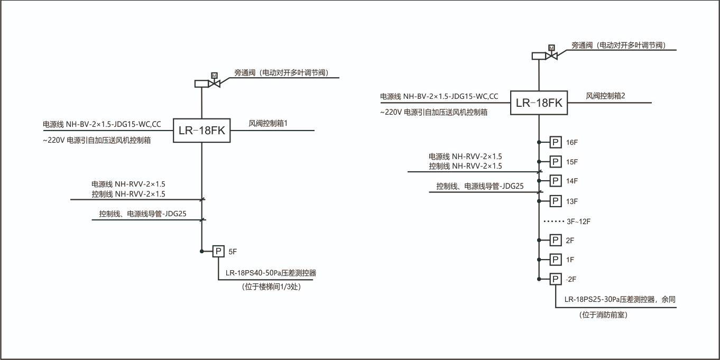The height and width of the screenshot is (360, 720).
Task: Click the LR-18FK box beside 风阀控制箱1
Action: coord(202,131)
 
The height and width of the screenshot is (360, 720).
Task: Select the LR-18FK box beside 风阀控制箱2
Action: coord(539,103)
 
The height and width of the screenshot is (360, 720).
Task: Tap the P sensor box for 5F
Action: coord(219,251)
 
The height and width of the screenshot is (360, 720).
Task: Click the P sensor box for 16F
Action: coord(555,142)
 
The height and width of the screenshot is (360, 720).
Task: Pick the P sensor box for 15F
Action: coord(555,161)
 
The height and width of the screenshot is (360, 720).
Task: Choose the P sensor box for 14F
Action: coord(555,181)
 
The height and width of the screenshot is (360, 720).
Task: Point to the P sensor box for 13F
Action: coord(555,201)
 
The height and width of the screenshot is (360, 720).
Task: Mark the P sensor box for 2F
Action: coord(555,241)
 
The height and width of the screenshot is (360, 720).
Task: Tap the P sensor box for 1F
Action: coord(555,260)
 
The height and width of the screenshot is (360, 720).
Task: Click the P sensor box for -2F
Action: coord(555,279)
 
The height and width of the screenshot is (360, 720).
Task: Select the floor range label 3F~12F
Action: coord(578,221)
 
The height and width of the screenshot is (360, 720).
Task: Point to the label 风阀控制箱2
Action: coord(605,96)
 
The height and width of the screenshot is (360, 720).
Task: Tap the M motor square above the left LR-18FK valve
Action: coord(214,76)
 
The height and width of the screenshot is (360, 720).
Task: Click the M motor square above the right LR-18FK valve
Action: coord(551,48)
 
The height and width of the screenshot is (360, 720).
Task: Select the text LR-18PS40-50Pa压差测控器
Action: coord(274,273)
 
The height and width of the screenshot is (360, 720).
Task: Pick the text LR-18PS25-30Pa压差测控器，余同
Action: coord(620,299)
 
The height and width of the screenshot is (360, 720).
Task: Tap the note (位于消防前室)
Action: coord(603,315)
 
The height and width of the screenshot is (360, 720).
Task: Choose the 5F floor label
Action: coord(233,251)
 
